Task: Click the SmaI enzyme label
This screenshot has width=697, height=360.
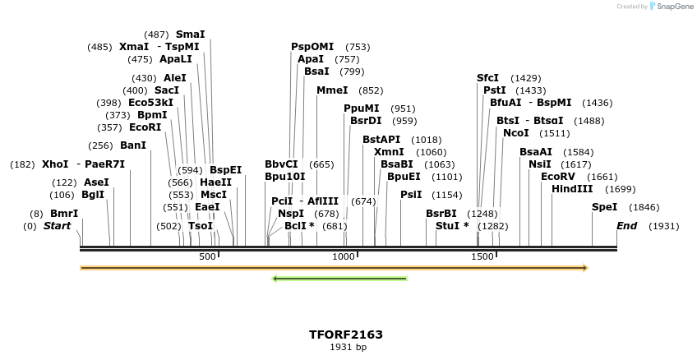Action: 190,35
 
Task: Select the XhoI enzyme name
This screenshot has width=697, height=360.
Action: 55,164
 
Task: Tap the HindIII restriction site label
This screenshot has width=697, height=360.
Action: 571,189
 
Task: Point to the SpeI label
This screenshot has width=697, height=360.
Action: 604,207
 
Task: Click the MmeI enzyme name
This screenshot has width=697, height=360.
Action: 332,90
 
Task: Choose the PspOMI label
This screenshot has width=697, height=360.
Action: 312,47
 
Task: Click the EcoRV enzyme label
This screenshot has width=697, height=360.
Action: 557,177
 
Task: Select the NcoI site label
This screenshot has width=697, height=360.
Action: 516,133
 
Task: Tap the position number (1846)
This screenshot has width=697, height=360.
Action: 644,208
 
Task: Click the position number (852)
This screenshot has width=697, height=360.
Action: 371,91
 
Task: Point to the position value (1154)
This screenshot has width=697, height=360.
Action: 447,195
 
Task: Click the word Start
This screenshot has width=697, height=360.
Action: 58,226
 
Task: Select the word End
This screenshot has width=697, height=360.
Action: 626,226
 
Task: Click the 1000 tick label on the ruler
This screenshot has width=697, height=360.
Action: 344,257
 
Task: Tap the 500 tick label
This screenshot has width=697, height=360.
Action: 207,257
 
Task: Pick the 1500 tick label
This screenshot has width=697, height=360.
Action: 482,257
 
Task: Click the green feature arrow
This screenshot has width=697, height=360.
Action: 339,279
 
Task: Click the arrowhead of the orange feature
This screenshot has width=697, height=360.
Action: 585,268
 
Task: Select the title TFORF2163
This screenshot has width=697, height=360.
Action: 346,335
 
